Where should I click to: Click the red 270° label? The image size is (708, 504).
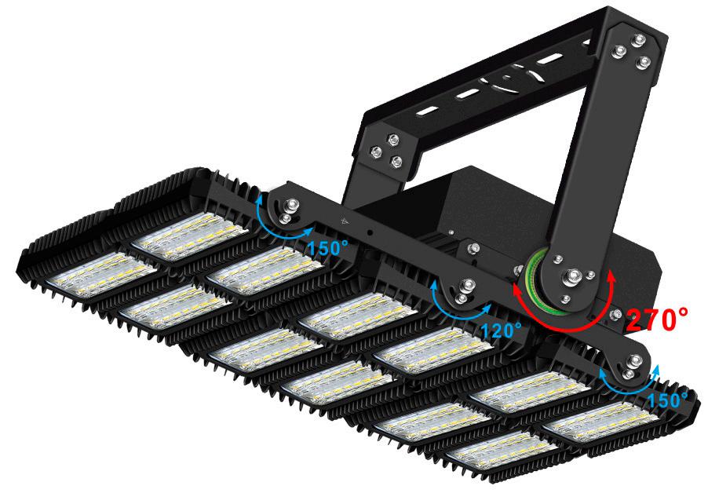[657, 319]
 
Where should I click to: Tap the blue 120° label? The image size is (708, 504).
[502, 331]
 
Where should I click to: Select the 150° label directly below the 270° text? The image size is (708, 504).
[667, 400]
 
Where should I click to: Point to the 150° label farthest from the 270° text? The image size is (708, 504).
[328, 247]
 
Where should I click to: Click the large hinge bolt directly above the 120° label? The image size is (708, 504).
[466, 285]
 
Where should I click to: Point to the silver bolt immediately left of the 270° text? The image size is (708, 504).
[615, 314]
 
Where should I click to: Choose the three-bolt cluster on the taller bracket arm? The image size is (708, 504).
[631, 51]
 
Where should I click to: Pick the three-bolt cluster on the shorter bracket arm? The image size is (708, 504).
[387, 150]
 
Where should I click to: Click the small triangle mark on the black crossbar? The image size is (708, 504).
[345, 221]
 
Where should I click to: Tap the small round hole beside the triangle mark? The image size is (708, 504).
[370, 232]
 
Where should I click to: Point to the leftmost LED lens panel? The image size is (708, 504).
[100, 274]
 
